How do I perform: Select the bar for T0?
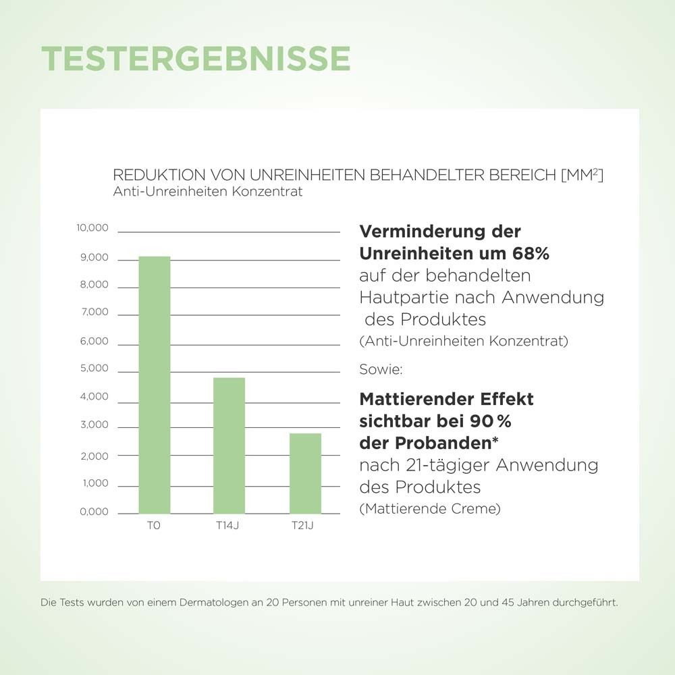[x=155, y=385]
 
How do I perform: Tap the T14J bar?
[x=229, y=446]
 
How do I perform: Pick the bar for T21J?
[x=305, y=473]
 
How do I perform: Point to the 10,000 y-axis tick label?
[x=92, y=228]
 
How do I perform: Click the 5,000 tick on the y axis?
[x=94, y=369]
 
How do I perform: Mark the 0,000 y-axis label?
[x=94, y=512]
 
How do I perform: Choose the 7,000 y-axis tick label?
[x=94, y=312]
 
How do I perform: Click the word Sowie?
[x=381, y=370]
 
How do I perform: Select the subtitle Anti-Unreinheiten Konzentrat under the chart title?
[x=208, y=191]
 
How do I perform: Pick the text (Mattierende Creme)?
[x=430, y=508]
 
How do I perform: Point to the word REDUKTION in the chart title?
[x=148, y=175]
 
